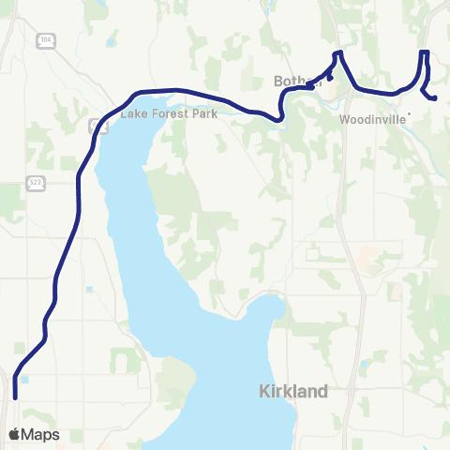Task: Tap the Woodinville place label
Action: [x=371, y=120]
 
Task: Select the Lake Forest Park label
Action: [x=169, y=114]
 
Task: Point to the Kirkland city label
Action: [x=292, y=391]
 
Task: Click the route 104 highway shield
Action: [x=44, y=39]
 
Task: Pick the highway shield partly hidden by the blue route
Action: [x=93, y=125]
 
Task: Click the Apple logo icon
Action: [x=14, y=434]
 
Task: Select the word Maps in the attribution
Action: [x=40, y=434]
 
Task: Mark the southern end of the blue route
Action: [x=15, y=397]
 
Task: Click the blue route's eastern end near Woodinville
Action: [x=435, y=97]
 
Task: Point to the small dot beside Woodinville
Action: [x=410, y=115]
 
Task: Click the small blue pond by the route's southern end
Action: [x=24, y=381]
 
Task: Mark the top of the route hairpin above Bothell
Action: [x=337, y=52]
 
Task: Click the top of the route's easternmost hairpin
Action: [x=425, y=52]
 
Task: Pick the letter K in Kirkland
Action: [x=263, y=391]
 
